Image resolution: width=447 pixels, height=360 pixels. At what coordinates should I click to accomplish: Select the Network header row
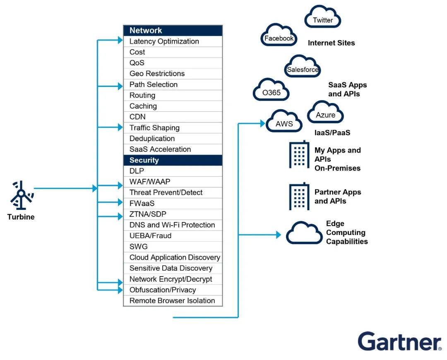click(x=173, y=31)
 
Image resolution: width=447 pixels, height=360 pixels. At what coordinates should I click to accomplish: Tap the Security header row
click(x=173, y=160)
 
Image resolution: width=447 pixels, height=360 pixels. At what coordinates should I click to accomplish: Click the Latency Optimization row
click(x=173, y=41)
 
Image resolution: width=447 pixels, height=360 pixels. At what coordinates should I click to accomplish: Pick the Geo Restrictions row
click(x=173, y=74)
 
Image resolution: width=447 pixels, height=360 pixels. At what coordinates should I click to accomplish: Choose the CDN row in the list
click(x=173, y=117)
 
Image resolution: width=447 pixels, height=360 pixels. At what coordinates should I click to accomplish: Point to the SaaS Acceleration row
click(x=173, y=149)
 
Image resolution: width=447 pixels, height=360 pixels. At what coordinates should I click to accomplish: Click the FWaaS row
click(x=173, y=204)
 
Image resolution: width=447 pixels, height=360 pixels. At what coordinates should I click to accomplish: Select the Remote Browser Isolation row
click(x=173, y=301)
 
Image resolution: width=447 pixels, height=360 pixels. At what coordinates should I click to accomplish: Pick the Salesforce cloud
click(x=303, y=67)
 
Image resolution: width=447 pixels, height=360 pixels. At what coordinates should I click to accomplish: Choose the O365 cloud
click(x=272, y=90)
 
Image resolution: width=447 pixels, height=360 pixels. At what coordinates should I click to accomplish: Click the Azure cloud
click(x=325, y=112)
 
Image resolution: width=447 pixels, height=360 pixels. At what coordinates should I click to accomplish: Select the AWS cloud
click(x=284, y=121)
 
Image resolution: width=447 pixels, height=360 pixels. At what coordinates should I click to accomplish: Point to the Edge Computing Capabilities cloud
click(x=304, y=233)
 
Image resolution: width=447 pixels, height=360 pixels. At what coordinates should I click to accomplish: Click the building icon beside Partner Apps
click(x=299, y=197)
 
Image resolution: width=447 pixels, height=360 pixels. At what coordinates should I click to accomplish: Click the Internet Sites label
click(x=331, y=43)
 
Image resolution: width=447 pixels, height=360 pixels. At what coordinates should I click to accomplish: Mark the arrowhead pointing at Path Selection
click(x=120, y=86)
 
